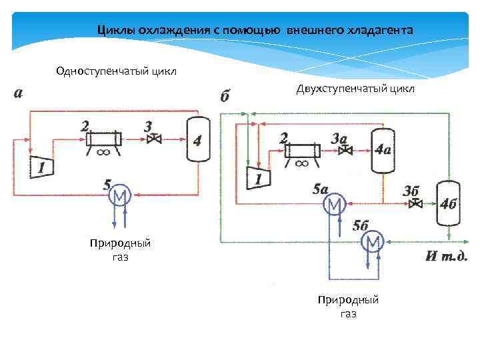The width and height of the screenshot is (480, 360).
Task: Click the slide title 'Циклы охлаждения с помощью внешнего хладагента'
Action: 255,31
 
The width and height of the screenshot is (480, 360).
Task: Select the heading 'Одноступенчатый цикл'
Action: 117,71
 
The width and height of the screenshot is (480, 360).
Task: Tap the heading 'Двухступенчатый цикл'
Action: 356,89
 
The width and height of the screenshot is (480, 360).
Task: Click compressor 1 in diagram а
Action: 41,165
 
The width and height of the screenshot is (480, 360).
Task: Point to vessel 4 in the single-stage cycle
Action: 196,139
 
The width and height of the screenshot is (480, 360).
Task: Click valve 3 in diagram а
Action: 155,139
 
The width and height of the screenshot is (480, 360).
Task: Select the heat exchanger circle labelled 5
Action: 120,195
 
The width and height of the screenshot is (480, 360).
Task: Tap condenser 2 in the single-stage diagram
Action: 103,138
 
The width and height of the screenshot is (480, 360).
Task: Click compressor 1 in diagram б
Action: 257,177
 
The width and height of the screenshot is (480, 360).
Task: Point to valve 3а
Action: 345,151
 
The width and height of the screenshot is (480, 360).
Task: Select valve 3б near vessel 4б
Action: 417,203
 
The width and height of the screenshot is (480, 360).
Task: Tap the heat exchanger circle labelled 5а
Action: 333,203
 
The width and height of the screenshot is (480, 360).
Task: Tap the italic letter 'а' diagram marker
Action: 18,93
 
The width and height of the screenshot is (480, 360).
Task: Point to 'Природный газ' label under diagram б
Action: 348,306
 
